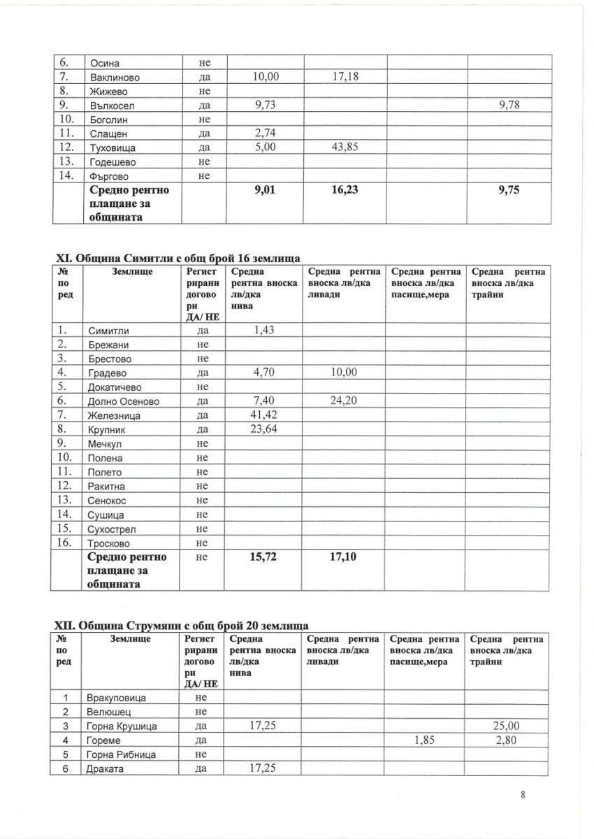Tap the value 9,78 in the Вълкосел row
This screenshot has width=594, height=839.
(x=508, y=105)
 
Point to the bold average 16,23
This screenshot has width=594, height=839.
(x=342, y=189)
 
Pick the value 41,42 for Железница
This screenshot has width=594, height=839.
(x=263, y=415)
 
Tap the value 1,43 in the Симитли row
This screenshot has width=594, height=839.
(x=263, y=329)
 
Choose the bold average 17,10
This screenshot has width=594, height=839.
(x=342, y=557)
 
